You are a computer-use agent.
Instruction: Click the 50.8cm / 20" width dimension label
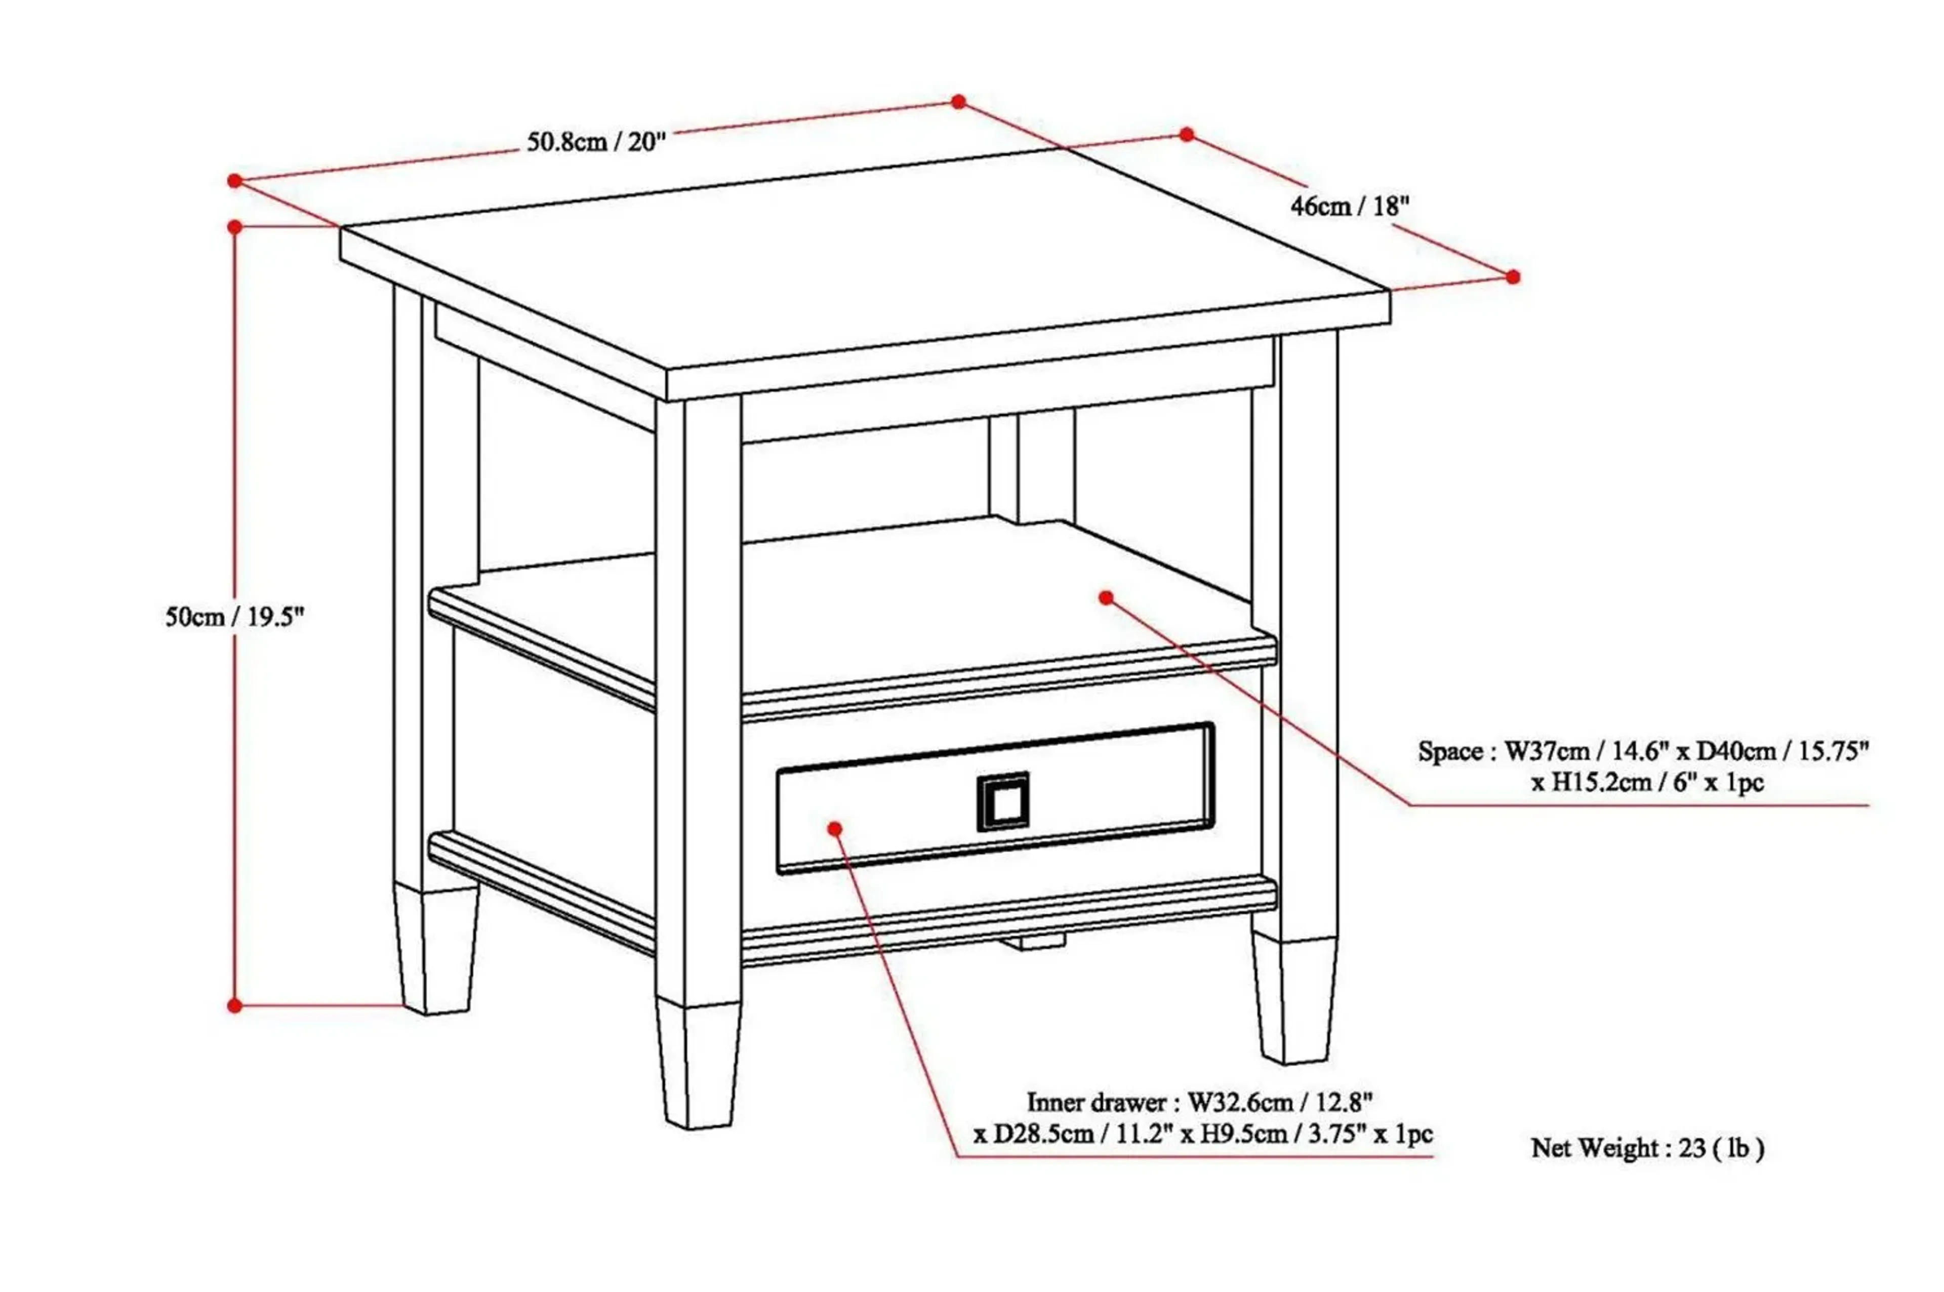[x=595, y=142]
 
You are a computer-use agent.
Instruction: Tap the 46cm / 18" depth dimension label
[x=1349, y=206]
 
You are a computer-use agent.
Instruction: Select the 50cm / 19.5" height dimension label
[x=235, y=616]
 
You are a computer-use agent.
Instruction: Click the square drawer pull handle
[x=1002, y=801]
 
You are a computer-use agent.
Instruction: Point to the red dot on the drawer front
[x=834, y=828]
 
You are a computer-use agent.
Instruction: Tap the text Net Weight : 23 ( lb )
[x=1647, y=1148]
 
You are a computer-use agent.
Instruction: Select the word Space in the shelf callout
[x=1450, y=751]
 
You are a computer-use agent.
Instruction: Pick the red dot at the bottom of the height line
[x=235, y=1005]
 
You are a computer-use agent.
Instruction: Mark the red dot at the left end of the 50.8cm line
[x=235, y=180]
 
